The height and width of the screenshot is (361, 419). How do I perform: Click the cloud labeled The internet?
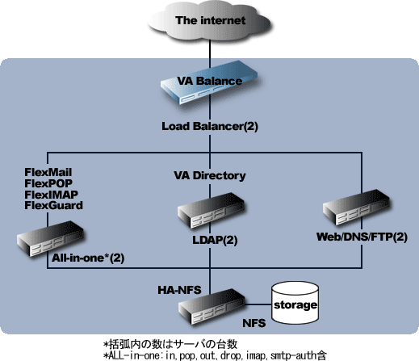pos(210,22)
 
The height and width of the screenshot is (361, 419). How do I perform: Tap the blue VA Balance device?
pos(209,82)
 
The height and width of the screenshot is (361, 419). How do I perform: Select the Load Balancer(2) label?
pos(210,126)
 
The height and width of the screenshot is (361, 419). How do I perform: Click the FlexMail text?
pos(48,172)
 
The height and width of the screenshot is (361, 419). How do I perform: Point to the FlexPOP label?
pos(48,183)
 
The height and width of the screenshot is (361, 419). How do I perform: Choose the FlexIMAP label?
pos(51,195)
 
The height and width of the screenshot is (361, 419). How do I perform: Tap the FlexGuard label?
pos(53,205)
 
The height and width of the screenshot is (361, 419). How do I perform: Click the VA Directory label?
pos(210,175)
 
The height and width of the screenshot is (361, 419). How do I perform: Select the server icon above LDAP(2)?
pos(211,211)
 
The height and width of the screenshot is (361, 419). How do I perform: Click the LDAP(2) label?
pos(215,240)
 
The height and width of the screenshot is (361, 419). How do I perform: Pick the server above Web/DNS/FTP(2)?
pos(356,208)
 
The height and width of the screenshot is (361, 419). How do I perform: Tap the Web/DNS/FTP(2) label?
pos(362,237)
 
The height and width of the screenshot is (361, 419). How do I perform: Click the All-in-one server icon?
pos(50,239)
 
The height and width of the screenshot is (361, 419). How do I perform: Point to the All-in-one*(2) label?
pos(88,258)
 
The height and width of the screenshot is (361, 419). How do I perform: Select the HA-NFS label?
pos(179,290)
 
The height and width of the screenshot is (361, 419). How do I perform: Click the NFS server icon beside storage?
pos(212,307)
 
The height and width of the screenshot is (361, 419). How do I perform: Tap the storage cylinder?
pos(295,303)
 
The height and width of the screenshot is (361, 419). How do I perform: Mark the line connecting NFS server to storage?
pos(258,304)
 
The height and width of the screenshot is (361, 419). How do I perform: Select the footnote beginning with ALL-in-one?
pos(215,355)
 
